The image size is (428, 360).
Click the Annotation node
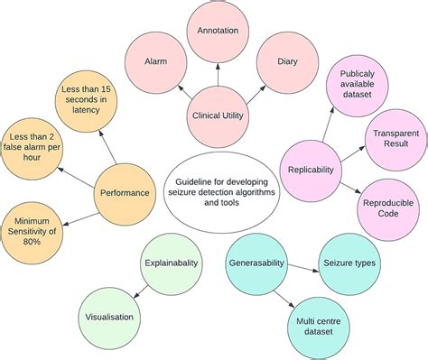[217, 31]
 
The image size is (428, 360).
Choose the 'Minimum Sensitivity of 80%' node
[33, 226]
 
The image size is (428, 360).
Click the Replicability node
[312, 169]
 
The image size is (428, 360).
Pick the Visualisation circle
[109, 317]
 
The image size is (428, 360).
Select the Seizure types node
[349, 263]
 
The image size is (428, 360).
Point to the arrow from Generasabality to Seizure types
[301, 263]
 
